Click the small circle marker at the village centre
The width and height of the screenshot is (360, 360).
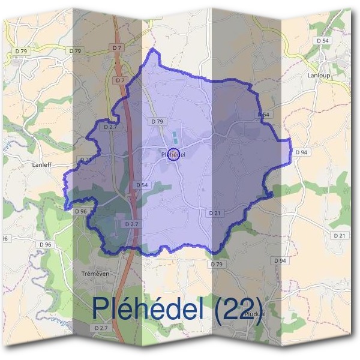tap(173, 154)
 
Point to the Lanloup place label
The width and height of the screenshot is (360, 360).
tap(319, 76)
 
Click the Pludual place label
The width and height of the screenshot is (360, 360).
tap(255, 314)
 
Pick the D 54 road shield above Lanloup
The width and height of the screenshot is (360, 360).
tap(322, 40)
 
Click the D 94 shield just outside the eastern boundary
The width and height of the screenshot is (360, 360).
tap(302, 152)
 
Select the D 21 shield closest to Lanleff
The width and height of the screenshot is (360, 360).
tap(86, 160)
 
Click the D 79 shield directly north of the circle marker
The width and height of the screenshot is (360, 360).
tap(157, 121)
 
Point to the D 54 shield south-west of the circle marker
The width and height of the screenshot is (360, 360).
tap(142, 185)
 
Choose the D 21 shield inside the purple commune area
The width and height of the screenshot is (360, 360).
tap(215, 213)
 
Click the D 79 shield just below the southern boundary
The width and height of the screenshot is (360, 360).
tap(217, 264)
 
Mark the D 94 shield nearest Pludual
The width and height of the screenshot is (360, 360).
tap(280, 261)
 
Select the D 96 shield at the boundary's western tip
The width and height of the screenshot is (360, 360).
tap(80, 211)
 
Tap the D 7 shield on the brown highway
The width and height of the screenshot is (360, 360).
tap(120, 80)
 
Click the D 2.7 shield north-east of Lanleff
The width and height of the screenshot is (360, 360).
tap(110, 127)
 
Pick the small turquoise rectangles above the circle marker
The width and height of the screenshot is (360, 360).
tap(175, 137)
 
